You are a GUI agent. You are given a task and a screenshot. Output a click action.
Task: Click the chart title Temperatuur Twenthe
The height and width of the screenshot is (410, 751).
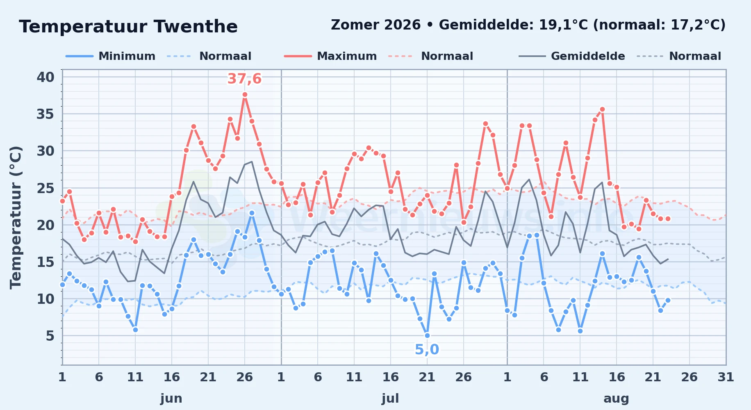[128, 27]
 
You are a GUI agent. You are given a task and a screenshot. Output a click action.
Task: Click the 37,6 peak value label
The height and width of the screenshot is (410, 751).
[244, 79]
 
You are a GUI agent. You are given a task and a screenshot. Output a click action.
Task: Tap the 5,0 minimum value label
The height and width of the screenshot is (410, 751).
[427, 350]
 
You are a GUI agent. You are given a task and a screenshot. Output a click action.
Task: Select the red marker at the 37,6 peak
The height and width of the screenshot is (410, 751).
[245, 94]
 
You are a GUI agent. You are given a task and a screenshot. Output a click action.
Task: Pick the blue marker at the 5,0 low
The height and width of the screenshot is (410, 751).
[427, 335]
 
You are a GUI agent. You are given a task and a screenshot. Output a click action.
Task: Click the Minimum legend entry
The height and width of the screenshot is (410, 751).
[111, 56]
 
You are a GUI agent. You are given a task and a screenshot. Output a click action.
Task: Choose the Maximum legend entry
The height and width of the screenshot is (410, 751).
[330, 56]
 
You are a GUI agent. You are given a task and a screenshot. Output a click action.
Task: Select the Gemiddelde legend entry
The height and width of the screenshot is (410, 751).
[572, 56]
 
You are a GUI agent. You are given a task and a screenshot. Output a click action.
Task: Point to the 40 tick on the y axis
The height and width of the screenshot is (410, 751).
[46, 77]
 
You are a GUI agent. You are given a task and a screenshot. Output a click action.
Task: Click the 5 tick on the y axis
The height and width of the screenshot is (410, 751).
[50, 336]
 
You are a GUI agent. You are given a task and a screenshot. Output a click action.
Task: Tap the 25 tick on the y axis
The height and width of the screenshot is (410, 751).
[46, 188]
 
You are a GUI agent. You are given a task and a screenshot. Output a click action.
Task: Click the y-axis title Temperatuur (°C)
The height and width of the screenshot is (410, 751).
[16, 217]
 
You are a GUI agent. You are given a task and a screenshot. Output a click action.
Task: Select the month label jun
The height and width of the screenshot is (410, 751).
[171, 399]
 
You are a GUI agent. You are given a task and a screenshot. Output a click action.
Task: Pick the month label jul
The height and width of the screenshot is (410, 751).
[390, 399]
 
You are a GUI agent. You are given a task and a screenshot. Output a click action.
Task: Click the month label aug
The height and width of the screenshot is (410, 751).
[616, 399]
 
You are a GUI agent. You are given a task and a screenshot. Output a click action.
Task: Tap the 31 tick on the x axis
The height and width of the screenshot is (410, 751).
[726, 377]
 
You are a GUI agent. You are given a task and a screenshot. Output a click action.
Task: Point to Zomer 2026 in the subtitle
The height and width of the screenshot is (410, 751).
[375, 25]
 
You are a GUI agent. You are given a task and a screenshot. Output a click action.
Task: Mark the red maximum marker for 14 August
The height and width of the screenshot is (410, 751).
[602, 109]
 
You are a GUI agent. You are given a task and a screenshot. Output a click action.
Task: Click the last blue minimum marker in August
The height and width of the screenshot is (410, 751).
[668, 300]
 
